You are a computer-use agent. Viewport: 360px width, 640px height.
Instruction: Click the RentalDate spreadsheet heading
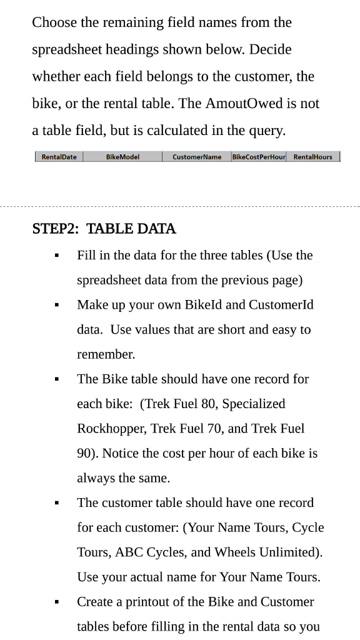coord(59,157)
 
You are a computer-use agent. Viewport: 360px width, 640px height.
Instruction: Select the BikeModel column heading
coord(122,157)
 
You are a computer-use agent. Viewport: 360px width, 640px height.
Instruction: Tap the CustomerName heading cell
coord(197,157)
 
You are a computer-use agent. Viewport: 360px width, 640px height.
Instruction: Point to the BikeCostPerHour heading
coord(259,157)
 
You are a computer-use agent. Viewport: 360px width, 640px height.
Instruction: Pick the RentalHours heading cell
coord(312,157)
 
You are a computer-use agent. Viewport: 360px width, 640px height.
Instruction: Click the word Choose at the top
coord(54,22)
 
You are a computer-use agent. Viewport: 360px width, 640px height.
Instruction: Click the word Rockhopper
coord(112,429)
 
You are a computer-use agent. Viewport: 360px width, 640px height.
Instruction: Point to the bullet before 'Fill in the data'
coord(57,256)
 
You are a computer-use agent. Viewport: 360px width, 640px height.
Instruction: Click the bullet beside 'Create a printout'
coord(57,602)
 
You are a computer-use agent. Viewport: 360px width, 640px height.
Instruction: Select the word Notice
coord(114,453)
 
